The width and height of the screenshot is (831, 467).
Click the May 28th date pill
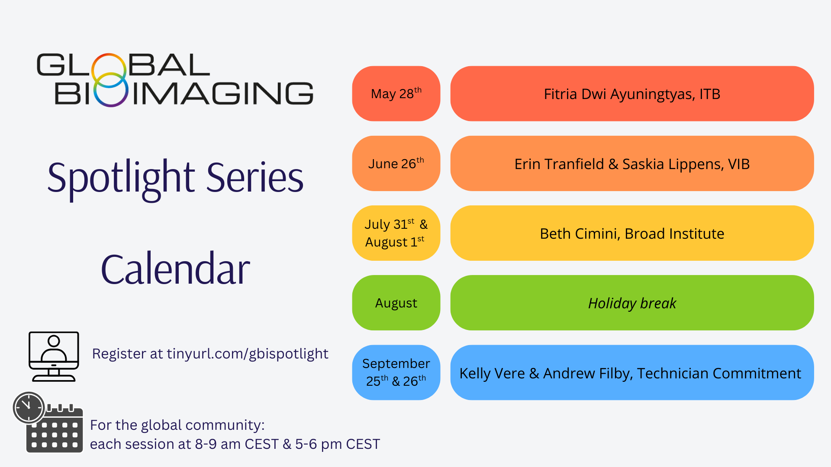tap(396, 93)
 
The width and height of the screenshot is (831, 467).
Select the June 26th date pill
tap(396, 163)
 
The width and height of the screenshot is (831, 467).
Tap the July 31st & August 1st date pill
tap(396, 233)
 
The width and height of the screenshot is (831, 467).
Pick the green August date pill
tap(396, 303)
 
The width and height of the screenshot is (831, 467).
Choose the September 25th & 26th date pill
tap(396, 372)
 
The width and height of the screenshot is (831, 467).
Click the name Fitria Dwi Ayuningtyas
tap(618, 94)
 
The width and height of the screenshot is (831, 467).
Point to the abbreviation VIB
tap(739, 164)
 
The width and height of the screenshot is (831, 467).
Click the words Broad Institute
tap(674, 234)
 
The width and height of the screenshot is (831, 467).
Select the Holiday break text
tap(632, 304)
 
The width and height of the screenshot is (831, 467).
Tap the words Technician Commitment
tap(719, 373)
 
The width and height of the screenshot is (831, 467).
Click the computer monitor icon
tap(54, 356)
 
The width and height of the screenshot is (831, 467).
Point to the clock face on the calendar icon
tap(29, 407)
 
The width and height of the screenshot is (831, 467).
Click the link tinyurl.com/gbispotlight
tap(248, 354)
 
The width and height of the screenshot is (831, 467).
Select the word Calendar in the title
tap(175, 269)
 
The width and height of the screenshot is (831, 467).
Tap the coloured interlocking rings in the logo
tap(110, 80)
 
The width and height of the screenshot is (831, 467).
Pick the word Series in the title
tap(255, 177)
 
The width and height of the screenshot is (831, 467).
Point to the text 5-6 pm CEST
tap(338, 444)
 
